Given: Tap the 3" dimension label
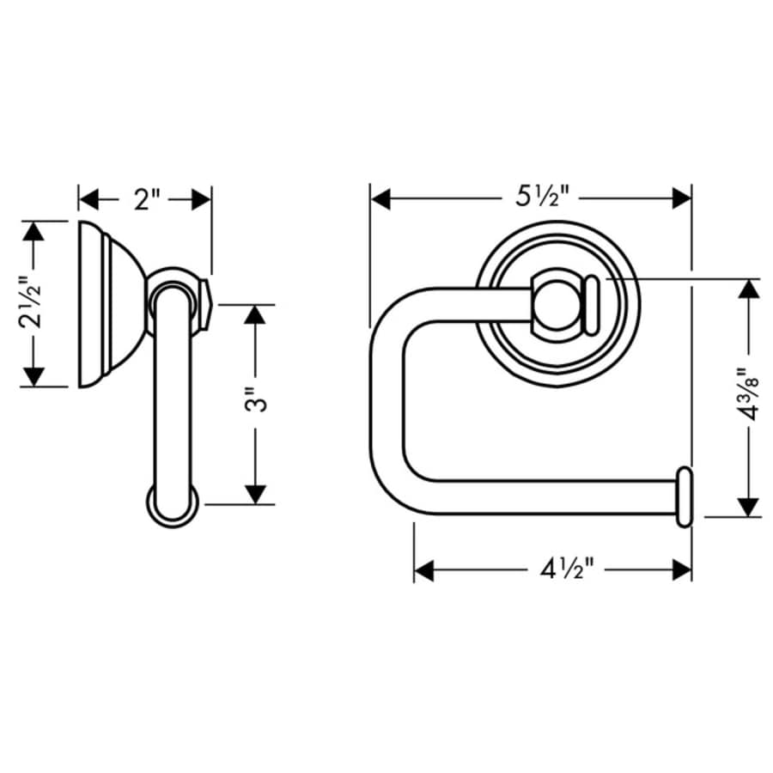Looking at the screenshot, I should pyautogui.click(x=253, y=404).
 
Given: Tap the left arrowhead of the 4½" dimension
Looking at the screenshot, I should pyautogui.click(x=424, y=569).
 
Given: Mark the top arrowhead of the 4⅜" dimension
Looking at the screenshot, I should pyautogui.click(x=749, y=289).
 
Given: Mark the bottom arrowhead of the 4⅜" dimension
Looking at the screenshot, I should pyautogui.click(x=749, y=507).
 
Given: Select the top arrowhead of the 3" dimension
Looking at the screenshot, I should pyautogui.click(x=254, y=314).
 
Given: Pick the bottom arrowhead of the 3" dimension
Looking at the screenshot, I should pyautogui.click(x=254, y=494).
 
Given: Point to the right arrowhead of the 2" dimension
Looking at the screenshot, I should pyautogui.click(x=202, y=200).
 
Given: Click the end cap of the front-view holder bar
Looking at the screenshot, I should pyautogui.click(x=685, y=497).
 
